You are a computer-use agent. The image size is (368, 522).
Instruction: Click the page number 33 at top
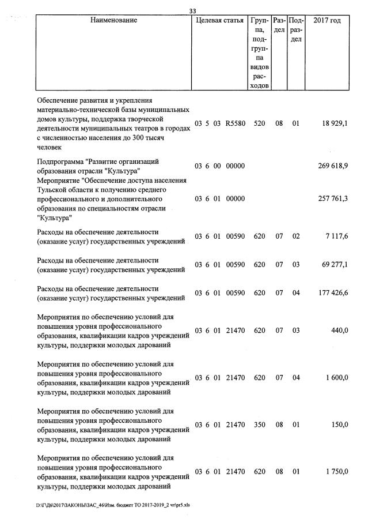coord(193,10)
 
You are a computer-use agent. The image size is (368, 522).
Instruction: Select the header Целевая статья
coord(219,21)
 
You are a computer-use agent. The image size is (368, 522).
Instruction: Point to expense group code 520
coord(259,123)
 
